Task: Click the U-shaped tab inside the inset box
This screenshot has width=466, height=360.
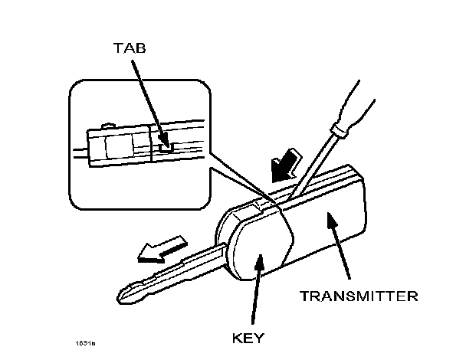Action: (166, 139)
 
